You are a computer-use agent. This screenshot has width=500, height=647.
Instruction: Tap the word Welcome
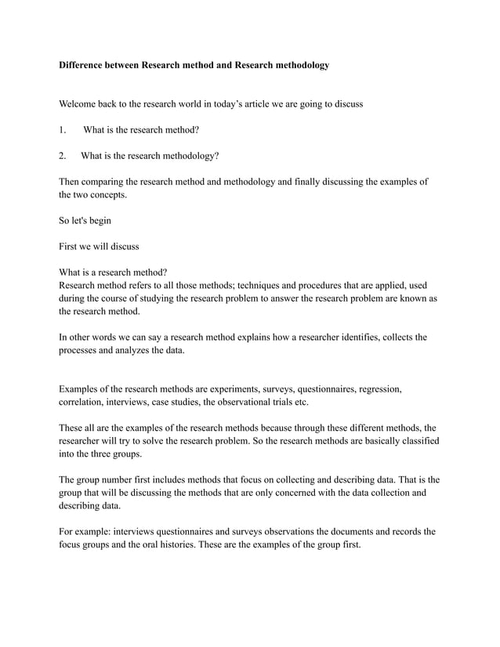(81, 103)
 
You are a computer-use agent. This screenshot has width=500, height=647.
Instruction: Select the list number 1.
(63, 129)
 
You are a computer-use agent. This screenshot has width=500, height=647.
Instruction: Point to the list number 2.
(63, 155)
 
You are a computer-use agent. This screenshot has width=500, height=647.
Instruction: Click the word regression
(379, 389)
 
